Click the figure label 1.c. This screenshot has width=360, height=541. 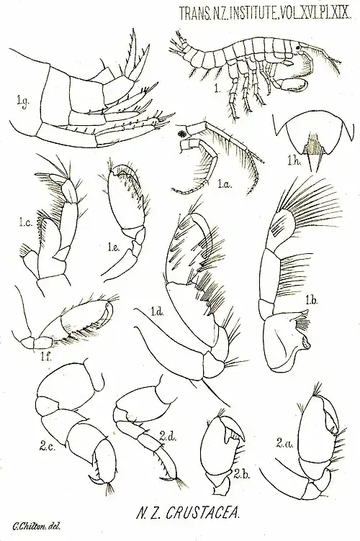pos(25,223)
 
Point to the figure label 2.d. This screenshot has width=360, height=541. pos(168,438)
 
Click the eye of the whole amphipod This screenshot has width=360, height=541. pos(297,47)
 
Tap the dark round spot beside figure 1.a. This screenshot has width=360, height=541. pos(182,133)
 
